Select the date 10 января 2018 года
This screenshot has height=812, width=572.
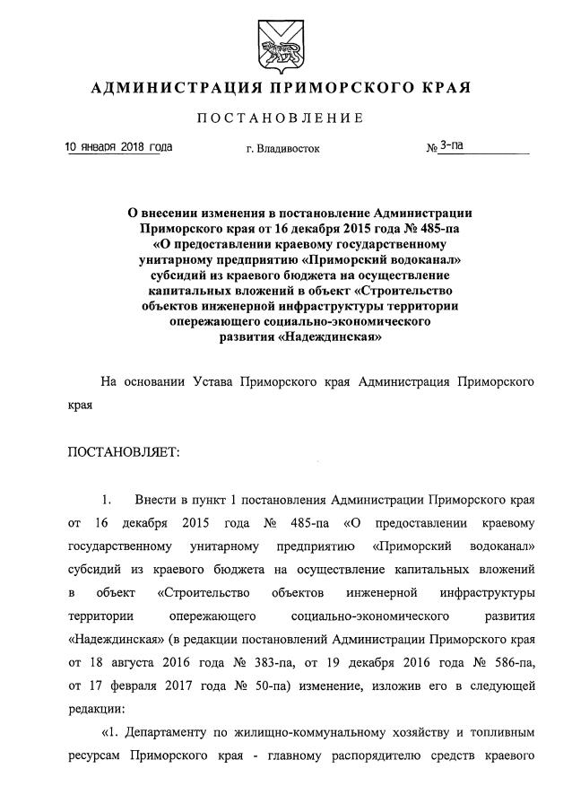(x=119, y=146)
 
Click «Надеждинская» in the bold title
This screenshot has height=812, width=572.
(x=325, y=338)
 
